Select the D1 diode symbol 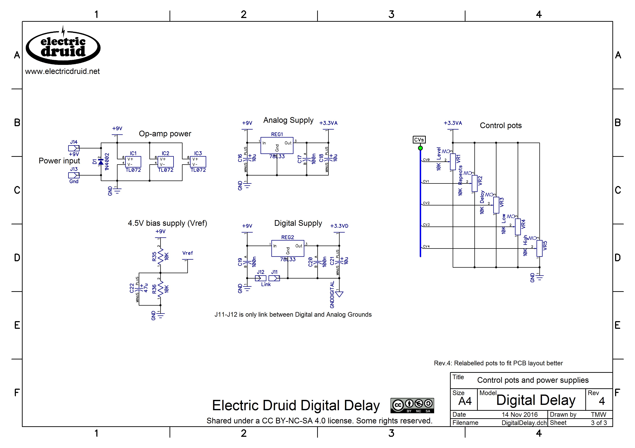coord(101,162)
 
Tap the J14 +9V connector coord(74,148)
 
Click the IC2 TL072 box coord(165,162)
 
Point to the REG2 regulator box coord(288,248)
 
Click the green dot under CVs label coord(420,148)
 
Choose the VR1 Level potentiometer coord(453,162)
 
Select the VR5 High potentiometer coord(539,248)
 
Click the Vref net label coord(188,253)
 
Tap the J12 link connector coord(261,278)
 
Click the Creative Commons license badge coord(412,406)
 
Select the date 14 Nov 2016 coord(520,414)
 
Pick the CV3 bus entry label coord(426,225)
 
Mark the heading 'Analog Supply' coord(288,120)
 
